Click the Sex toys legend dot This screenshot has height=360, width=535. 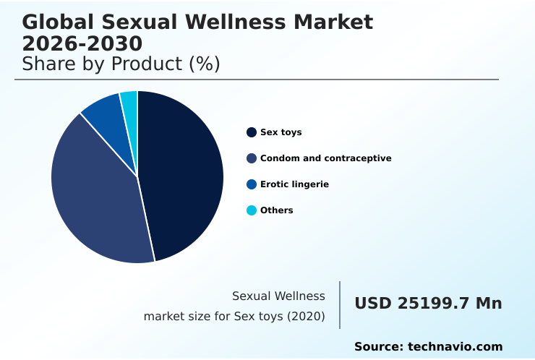tap(252, 132)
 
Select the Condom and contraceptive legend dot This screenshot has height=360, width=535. tap(252, 158)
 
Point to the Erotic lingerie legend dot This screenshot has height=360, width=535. tap(252, 184)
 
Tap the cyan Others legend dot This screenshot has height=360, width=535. tap(252, 210)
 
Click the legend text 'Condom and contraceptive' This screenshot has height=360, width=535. tap(325, 158)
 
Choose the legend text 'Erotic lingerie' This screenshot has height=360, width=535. tap(294, 184)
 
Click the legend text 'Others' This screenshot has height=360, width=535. tap(277, 210)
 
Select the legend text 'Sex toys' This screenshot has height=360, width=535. tap(281, 132)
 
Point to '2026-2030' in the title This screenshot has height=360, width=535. tap(82, 43)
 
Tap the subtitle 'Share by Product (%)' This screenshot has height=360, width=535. tap(121, 64)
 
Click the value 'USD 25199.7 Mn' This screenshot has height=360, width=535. tap(428, 304)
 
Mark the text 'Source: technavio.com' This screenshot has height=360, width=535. tap(428, 347)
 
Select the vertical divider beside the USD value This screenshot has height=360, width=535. tap(340, 305)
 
